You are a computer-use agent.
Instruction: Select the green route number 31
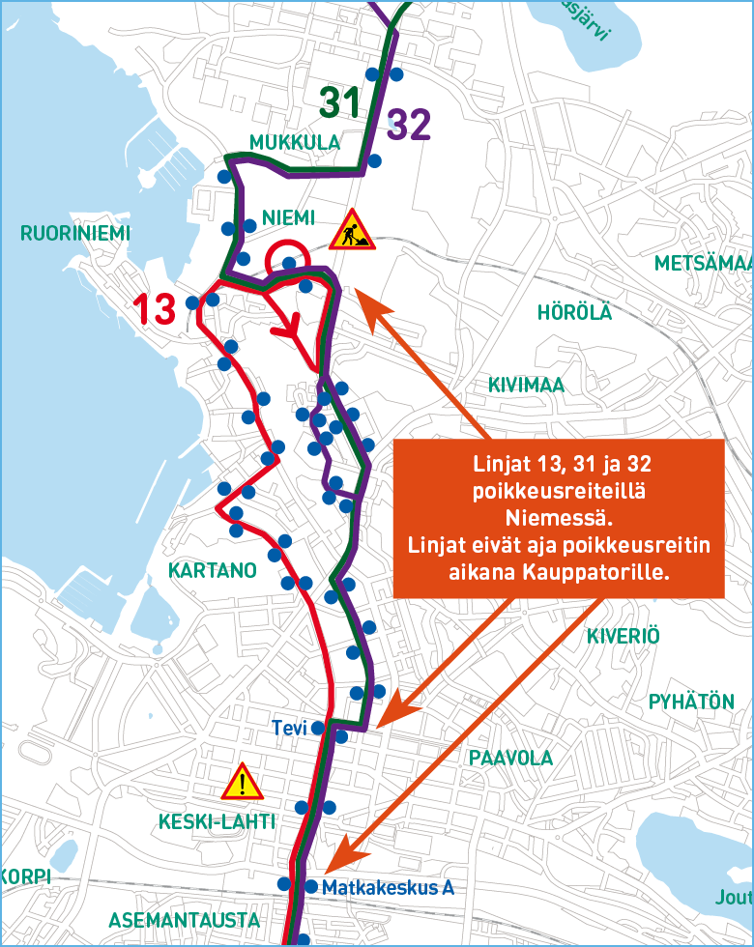[x=340, y=100]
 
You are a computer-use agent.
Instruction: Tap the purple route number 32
[x=407, y=126]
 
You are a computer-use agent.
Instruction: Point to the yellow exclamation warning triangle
[x=243, y=782]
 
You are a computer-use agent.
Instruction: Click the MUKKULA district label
[x=295, y=143]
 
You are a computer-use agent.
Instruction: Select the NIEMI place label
[x=289, y=217]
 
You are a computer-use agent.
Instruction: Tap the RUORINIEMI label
[x=74, y=233]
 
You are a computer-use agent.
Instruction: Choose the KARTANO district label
[x=213, y=570]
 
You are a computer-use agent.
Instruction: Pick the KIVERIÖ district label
[x=623, y=636]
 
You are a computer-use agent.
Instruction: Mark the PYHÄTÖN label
[x=691, y=702]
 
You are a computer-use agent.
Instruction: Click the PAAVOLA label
[x=510, y=758]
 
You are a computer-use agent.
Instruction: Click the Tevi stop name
[x=289, y=728]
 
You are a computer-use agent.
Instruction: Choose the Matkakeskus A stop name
[x=388, y=887]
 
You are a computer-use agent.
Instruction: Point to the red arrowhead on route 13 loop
[x=286, y=330]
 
